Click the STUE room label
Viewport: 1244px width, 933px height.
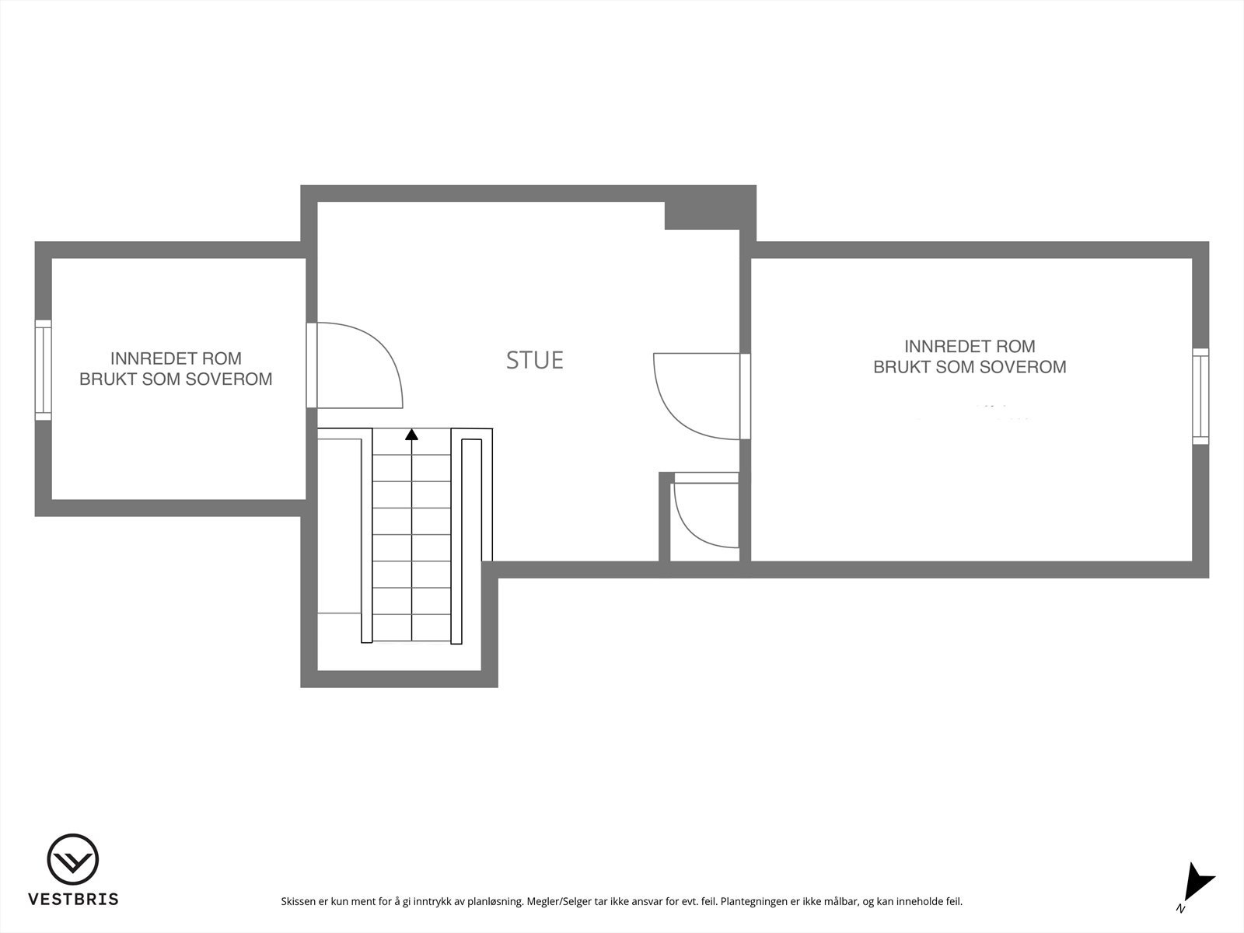535,360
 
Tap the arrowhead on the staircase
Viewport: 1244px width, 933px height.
411,435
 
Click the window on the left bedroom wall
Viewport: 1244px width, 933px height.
43,370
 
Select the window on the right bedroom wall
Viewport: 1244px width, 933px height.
1201,396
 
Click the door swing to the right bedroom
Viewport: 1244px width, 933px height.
696,396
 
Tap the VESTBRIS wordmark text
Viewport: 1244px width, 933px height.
73,900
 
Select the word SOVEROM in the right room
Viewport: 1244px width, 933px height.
1025,367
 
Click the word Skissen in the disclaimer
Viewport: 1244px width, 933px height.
299,902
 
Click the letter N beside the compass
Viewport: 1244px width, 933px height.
1180,909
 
